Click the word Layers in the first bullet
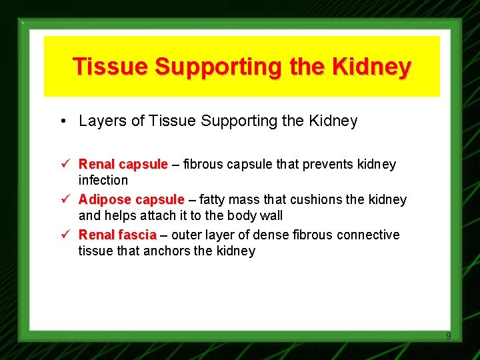click(100, 121)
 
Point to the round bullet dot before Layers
click(61, 121)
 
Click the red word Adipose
click(105, 200)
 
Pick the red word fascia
click(137, 235)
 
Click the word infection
click(103, 180)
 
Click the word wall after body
click(270, 215)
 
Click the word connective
click(368, 235)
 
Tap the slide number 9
click(448, 336)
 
